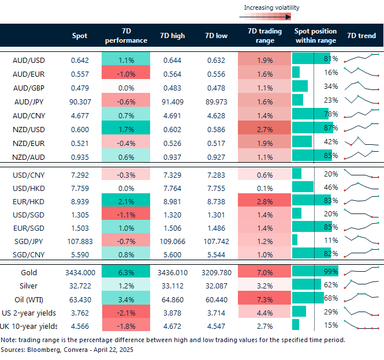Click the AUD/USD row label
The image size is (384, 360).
29,59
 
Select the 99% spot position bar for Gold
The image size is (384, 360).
314,271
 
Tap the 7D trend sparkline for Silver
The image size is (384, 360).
362,285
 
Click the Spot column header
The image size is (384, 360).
80,36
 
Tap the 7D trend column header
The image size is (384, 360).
361,36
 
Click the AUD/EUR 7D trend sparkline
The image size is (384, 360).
362,73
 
